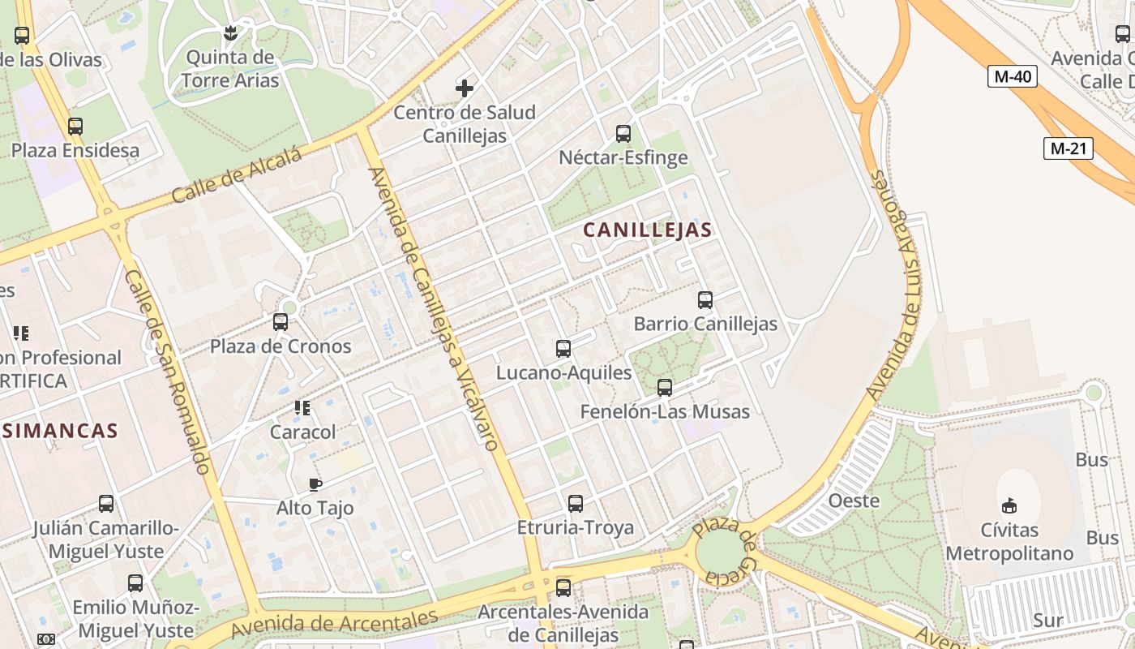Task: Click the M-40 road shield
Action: point(1013,77)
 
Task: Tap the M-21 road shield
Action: point(1068,148)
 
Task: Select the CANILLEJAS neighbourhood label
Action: point(647,230)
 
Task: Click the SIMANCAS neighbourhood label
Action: point(60,431)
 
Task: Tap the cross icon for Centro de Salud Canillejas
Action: point(465,88)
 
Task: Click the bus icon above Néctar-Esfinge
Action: point(623,134)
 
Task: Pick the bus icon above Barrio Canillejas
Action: point(705,300)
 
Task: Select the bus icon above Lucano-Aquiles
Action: point(563,349)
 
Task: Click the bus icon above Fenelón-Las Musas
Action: point(665,388)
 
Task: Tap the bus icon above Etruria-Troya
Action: point(576,504)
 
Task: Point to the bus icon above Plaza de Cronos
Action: point(281,322)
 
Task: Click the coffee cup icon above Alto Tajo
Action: point(315,485)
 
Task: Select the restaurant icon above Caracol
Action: point(302,407)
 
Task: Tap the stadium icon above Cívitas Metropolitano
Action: point(1009,505)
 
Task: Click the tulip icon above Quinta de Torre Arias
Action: point(230,33)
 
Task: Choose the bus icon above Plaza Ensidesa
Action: point(75,127)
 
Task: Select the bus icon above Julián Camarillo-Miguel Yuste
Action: point(106,504)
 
